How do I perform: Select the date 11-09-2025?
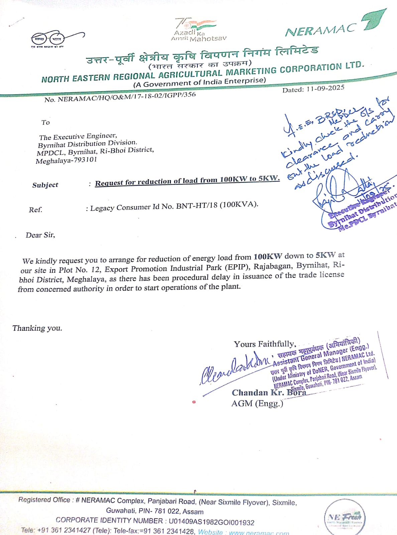[325, 88]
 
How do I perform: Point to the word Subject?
[45, 185]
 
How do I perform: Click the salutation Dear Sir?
[40, 235]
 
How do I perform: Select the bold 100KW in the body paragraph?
[268, 256]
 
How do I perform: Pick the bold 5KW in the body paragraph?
[325, 255]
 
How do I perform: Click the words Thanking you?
[37, 328]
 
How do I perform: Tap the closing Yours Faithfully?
[264, 344]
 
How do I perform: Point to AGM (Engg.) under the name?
[257, 403]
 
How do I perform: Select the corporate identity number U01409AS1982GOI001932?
[211, 522]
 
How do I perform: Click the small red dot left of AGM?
[194, 402]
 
